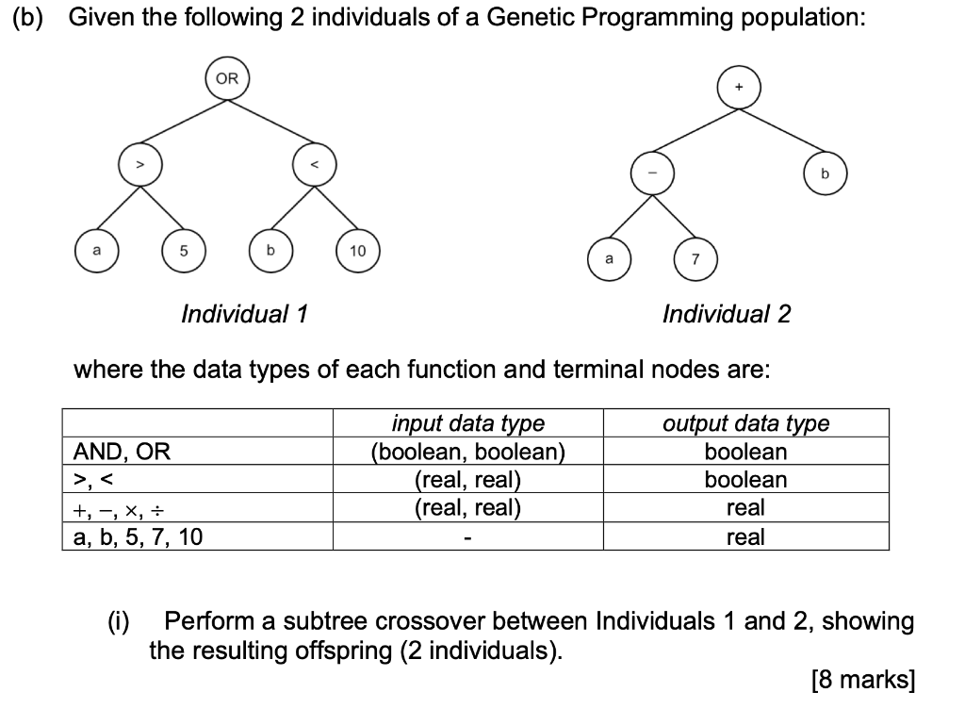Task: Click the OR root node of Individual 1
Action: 227,79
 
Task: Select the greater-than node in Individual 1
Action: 140,166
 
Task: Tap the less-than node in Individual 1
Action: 315,166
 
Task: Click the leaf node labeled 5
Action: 184,252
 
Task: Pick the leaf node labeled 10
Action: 358,252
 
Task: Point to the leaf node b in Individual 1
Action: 270,252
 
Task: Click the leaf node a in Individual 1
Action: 97,252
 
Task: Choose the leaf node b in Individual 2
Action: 826,173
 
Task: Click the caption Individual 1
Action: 244,313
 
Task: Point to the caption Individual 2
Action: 727,313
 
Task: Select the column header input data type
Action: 467,423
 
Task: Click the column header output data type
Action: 746,423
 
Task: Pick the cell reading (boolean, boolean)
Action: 467,452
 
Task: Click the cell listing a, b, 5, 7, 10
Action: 138,537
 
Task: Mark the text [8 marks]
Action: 861,680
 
